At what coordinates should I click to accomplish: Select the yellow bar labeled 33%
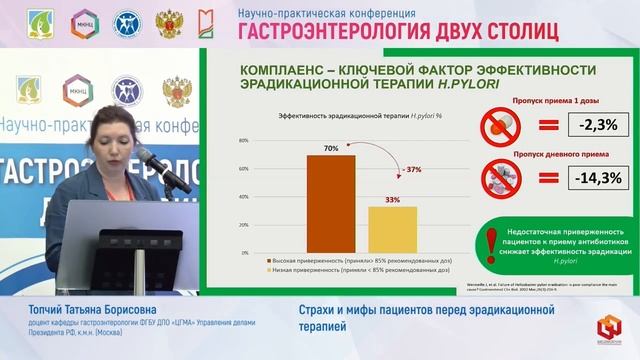point(393,229)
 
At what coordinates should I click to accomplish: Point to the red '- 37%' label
point(412,168)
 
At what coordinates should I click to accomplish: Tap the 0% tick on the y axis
point(244,253)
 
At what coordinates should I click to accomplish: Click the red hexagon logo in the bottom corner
point(609,326)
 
